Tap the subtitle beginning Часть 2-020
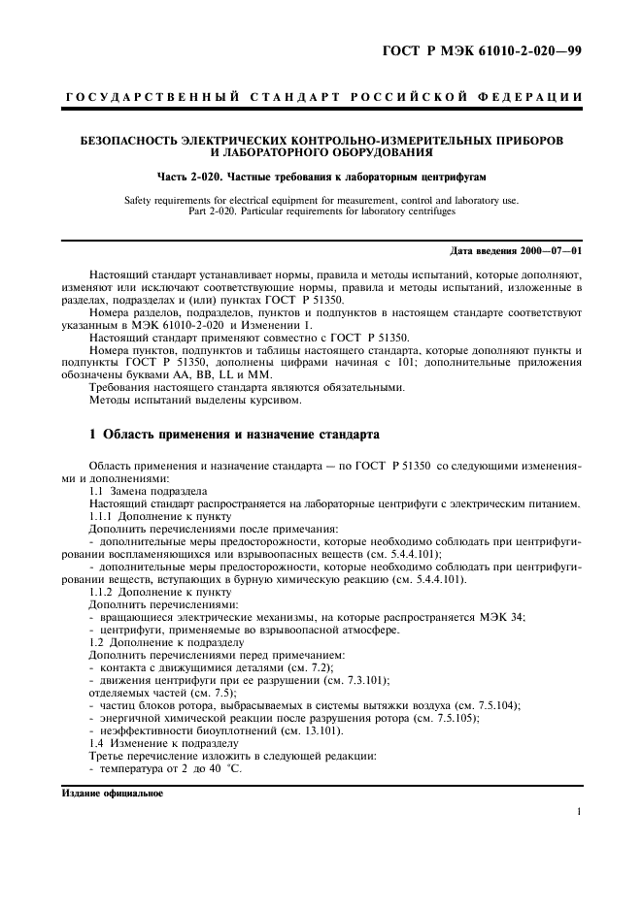point(321,178)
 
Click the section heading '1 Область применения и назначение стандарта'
point(233,434)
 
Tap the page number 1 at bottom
point(579,812)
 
